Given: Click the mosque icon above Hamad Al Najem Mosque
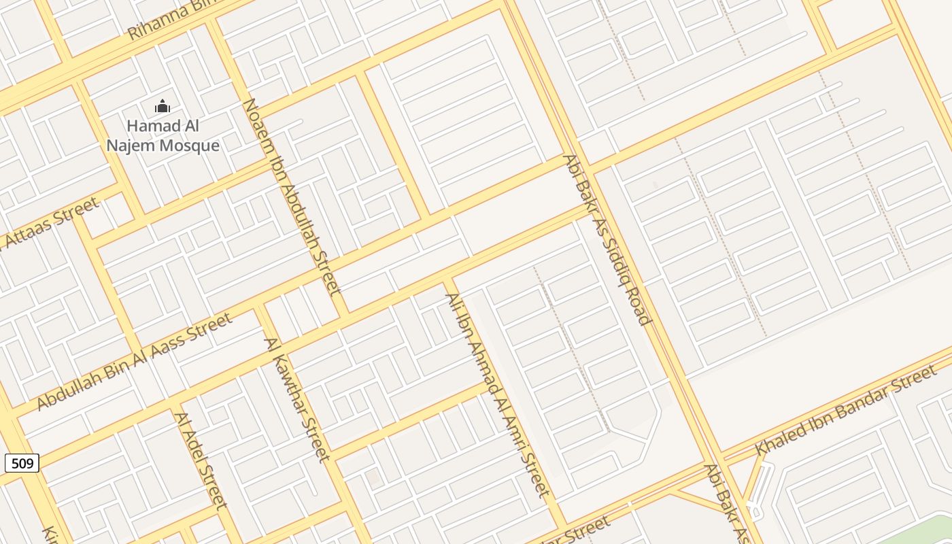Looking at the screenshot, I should point(162,107).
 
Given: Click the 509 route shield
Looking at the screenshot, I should point(22,464).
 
